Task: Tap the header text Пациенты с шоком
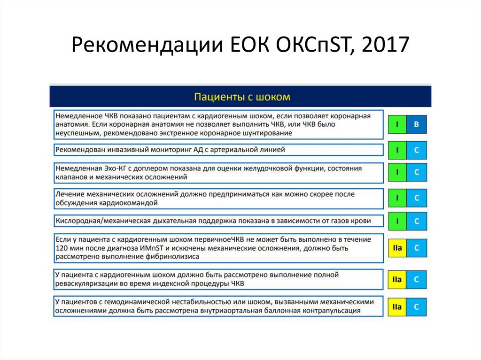(x=242, y=97)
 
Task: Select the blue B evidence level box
(x=416, y=124)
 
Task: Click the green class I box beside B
(x=397, y=124)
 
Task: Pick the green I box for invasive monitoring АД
(x=397, y=150)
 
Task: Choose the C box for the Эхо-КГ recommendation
(x=416, y=172)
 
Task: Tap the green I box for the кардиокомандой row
(x=397, y=198)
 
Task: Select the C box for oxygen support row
(x=416, y=221)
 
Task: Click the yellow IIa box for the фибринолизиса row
(x=397, y=247)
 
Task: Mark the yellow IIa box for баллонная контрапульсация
(x=397, y=307)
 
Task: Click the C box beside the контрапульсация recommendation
(x=416, y=307)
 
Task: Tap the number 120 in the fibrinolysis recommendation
(x=62, y=248)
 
